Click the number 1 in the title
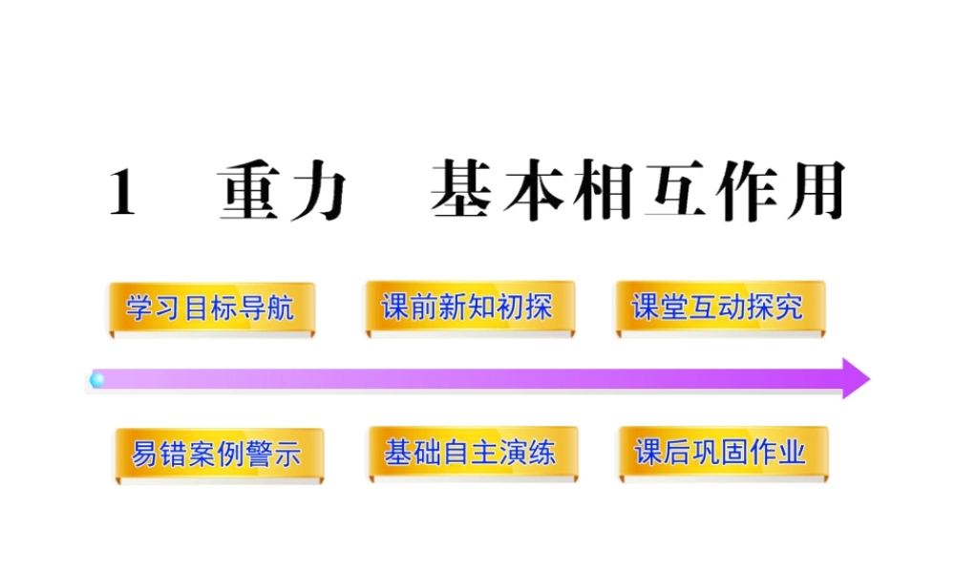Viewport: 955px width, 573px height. click(x=122, y=195)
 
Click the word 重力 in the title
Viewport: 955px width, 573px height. click(x=281, y=195)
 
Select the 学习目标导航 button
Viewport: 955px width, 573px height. click(x=210, y=308)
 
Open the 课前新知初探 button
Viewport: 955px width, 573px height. click(x=467, y=308)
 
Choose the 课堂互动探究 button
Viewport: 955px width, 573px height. click(x=718, y=308)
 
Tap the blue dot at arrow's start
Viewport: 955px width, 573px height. click(x=96, y=380)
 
